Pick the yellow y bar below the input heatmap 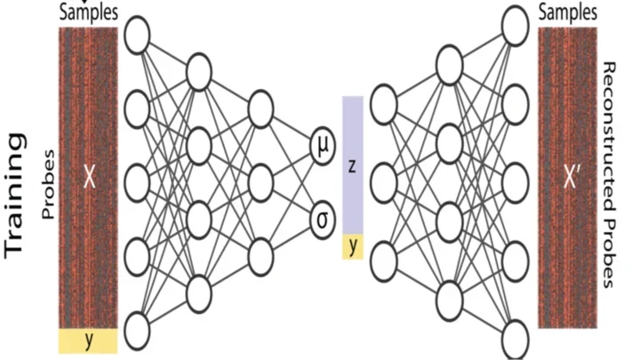point(88,340)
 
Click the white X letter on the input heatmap point(88,178)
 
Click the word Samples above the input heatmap point(87,12)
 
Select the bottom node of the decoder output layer point(515,339)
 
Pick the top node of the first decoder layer point(384,104)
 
